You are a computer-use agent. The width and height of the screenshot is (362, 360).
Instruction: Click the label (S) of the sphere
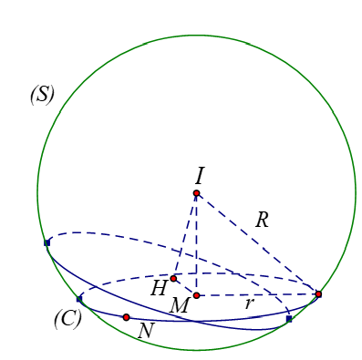click(x=43, y=95)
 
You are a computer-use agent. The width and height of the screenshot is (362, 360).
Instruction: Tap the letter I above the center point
click(x=199, y=175)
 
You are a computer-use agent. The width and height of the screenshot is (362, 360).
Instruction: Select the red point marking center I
click(x=196, y=193)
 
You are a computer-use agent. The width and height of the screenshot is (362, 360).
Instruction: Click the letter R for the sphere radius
click(x=262, y=220)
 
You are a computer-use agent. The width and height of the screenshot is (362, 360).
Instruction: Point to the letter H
click(x=159, y=289)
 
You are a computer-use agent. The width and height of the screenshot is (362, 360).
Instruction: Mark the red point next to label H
click(x=173, y=278)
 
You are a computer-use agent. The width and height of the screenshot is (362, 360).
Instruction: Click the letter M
click(x=179, y=306)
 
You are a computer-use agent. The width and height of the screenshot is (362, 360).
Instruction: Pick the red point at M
click(x=196, y=295)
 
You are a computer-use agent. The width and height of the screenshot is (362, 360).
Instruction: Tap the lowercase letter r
click(x=248, y=303)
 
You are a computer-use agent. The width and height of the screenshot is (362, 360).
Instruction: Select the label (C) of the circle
click(x=67, y=319)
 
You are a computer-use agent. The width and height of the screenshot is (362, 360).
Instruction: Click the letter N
click(x=145, y=331)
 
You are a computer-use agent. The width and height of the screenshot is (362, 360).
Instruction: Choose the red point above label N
click(x=126, y=317)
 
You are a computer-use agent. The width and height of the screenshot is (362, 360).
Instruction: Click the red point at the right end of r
click(x=318, y=294)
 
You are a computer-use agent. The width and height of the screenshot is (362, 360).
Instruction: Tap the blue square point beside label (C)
click(x=79, y=298)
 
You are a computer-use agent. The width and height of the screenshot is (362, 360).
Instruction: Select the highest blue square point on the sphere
click(x=47, y=242)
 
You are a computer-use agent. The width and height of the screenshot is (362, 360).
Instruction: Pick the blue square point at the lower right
click(x=288, y=319)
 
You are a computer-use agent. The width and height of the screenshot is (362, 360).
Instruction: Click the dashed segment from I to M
click(x=196, y=246)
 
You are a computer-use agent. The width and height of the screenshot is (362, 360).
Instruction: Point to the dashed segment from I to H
click(x=185, y=235)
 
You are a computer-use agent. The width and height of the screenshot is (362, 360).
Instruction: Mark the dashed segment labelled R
click(x=257, y=243)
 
